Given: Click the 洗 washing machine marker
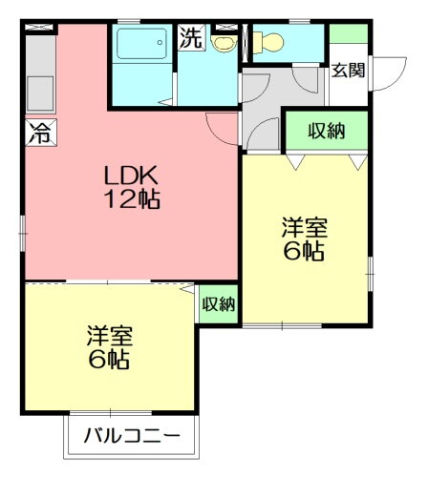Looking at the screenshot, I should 192,39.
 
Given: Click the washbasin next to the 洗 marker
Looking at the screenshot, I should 224,43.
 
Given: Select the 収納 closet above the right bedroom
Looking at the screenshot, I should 327,131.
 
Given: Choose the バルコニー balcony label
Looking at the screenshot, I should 131,437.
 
